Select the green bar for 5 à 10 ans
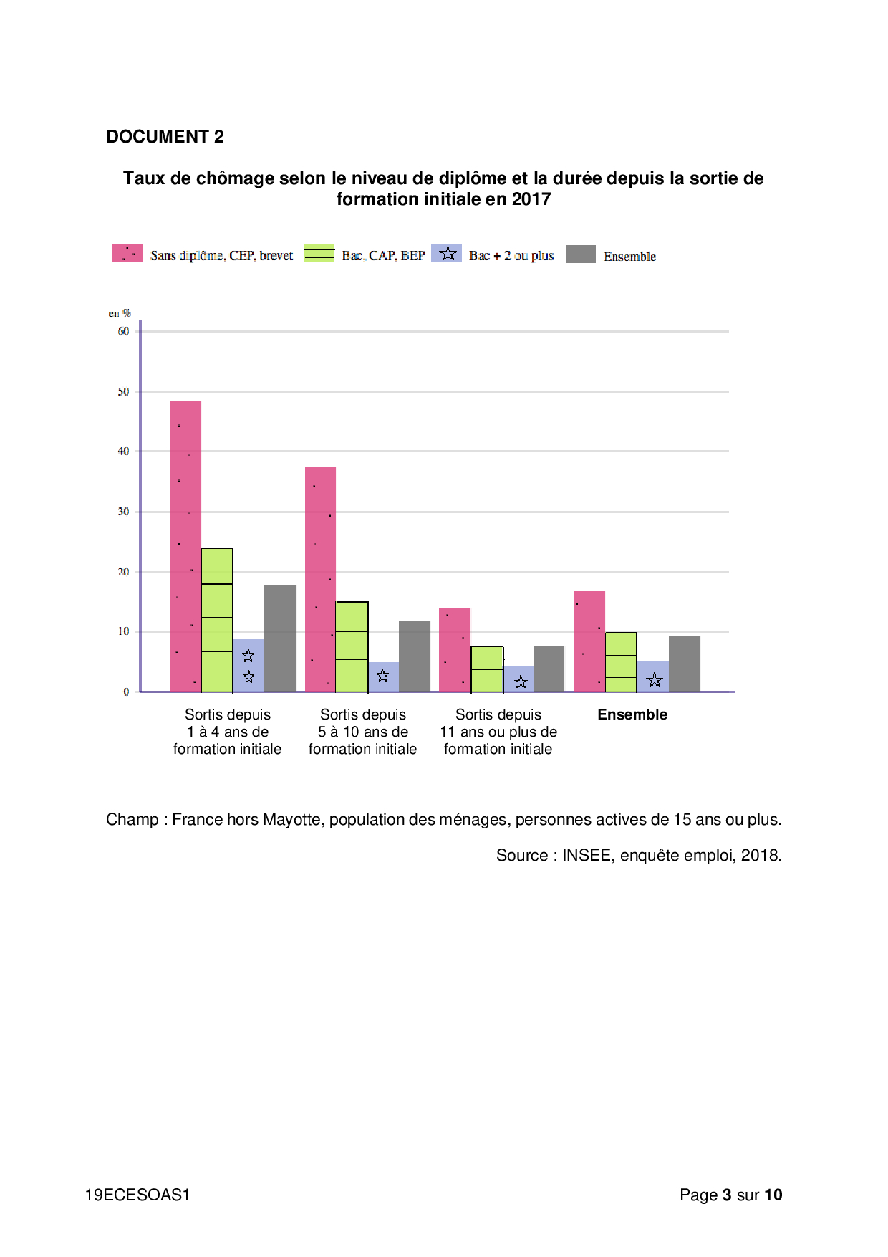pos(352,646)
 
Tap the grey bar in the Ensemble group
pos(684,664)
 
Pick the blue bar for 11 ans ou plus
pos(518,679)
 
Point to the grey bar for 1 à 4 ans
pos(280,638)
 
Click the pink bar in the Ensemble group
pos(589,641)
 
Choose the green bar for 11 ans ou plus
pos(487,669)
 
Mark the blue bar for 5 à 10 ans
pos(383,677)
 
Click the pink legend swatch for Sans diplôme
pos(127,254)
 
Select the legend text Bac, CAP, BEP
pos(383,256)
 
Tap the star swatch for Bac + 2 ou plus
pos(447,254)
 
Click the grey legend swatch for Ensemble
pos(580,254)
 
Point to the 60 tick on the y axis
pos(124,331)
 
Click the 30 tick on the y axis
pos(124,512)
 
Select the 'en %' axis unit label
pos(120,313)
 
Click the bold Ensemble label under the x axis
pos(632,714)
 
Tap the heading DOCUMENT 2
pos(165,137)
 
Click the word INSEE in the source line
pos(586,855)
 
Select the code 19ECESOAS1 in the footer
pos(137,1195)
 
